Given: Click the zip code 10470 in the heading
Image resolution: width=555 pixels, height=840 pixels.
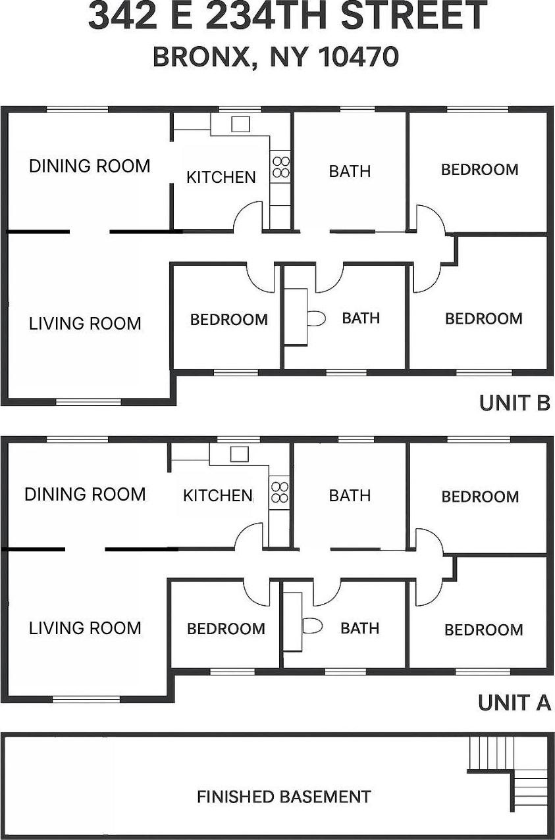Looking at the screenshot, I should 359,57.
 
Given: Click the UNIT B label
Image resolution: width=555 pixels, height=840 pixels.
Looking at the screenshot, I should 514,403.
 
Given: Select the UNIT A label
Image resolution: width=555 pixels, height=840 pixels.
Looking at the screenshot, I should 514,703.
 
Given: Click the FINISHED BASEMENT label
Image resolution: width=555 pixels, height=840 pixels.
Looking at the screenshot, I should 284,797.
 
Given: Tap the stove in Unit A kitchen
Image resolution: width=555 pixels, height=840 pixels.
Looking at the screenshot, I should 280,493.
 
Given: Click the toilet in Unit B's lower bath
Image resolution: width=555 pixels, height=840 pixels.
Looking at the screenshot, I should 317,319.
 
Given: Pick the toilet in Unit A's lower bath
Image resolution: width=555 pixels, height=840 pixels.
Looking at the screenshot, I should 313,626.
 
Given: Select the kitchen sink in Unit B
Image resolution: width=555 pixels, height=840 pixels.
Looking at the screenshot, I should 240,124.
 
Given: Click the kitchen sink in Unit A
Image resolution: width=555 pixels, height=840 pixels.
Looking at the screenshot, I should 239,453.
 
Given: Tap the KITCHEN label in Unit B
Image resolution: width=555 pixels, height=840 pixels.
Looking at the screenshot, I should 221,177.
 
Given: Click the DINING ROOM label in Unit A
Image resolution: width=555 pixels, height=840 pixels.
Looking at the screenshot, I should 85,494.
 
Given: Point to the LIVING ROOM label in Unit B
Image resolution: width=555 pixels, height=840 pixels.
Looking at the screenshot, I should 85,324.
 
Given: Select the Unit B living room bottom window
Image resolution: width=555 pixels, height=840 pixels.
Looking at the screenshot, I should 88,401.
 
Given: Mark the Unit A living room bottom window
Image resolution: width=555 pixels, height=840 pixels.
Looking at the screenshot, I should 86,699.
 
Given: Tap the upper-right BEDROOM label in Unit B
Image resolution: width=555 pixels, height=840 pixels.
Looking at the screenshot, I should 479,170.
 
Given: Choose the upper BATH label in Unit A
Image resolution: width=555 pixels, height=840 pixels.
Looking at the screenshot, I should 350,495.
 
